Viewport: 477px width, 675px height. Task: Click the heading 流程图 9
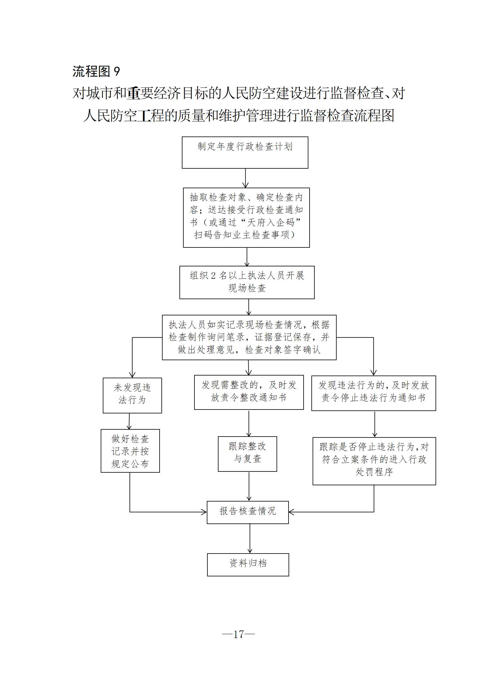click(96, 72)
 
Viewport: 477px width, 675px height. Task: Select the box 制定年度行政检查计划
click(245, 152)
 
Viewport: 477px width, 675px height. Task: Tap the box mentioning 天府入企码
click(246, 217)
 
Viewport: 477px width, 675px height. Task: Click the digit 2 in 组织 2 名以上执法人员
click(213, 276)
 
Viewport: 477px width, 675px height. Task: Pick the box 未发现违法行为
click(132, 395)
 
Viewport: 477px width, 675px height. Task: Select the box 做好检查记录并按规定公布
click(130, 450)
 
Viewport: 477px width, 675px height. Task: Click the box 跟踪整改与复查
click(247, 454)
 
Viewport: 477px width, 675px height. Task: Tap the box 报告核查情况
click(248, 512)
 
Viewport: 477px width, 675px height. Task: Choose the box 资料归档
click(248, 564)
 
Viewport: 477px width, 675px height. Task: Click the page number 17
click(239, 634)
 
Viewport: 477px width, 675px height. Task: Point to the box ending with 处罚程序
click(374, 461)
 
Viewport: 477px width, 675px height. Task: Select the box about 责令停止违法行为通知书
click(374, 393)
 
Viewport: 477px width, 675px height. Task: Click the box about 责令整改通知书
click(249, 392)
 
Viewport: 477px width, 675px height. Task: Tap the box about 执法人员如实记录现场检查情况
click(249, 337)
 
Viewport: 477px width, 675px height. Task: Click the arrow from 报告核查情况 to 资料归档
click(250, 538)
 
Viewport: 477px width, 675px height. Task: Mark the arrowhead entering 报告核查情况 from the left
click(204, 512)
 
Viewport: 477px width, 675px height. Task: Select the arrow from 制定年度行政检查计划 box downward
click(246, 178)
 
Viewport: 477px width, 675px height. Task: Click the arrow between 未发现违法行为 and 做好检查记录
click(129, 421)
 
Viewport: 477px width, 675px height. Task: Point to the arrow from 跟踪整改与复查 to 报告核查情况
click(249, 486)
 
